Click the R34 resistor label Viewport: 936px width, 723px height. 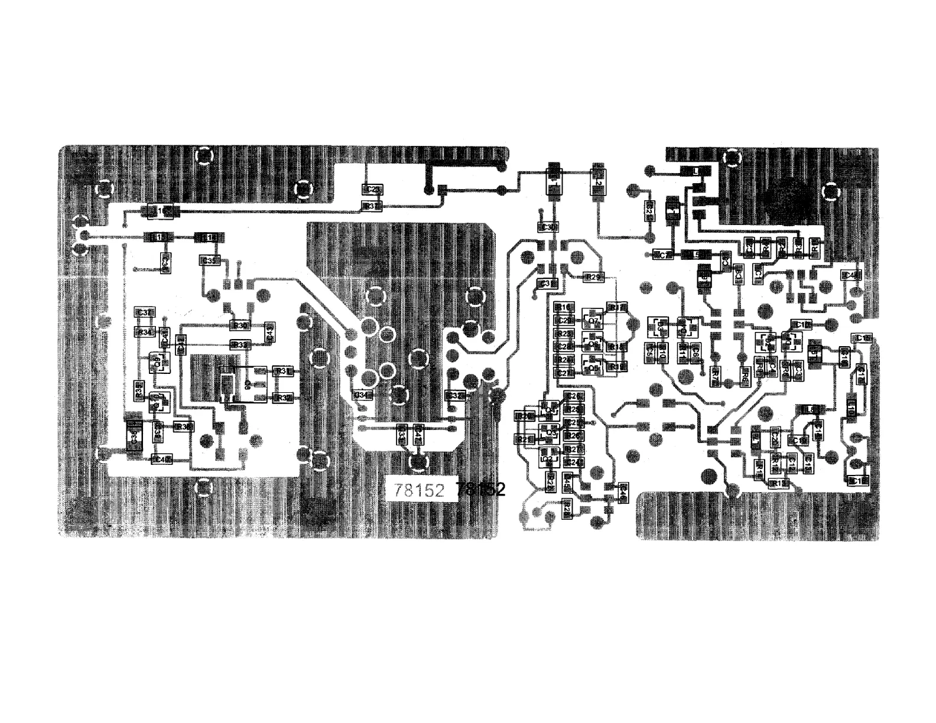tap(145, 332)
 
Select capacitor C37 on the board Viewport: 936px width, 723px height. tap(145, 312)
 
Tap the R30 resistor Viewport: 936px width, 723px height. tap(240, 325)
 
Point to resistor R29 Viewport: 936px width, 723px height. tap(591, 277)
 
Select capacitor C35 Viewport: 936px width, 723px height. tap(210, 260)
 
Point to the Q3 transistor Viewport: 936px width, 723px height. tap(550, 432)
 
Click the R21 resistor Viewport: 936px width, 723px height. tap(523, 439)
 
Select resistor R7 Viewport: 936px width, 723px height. tap(716, 373)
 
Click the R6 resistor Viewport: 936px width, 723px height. tap(745, 373)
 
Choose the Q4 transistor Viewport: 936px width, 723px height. tap(550, 409)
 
